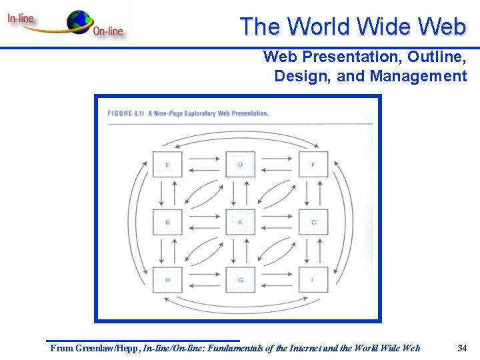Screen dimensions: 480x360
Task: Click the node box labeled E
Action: click(x=167, y=164)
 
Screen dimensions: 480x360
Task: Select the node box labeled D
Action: click(x=240, y=164)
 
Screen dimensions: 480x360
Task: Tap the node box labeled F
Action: click(x=313, y=164)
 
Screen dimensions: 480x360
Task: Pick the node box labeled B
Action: click(x=167, y=222)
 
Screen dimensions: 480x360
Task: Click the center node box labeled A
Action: click(x=240, y=222)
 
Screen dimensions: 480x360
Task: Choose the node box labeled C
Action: click(x=313, y=222)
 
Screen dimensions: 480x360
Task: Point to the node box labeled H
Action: click(x=167, y=280)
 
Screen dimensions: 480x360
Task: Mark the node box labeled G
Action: click(x=240, y=280)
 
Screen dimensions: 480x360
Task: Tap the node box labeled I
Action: click(x=313, y=280)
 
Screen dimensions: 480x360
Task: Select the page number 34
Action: click(x=463, y=348)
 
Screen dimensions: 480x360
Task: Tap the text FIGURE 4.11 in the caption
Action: click(x=126, y=113)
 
